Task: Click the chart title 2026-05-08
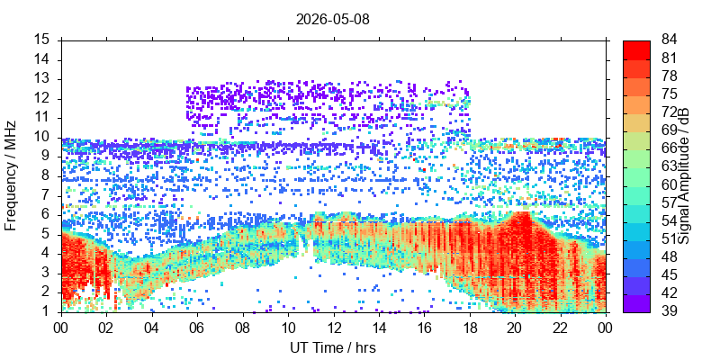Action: point(332,20)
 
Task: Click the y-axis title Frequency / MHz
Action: point(10,175)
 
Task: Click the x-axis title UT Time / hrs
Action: point(333,347)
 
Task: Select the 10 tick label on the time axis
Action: point(288,328)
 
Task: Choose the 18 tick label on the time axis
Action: point(470,328)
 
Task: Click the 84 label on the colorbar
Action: point(669,40)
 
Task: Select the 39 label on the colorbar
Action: point(669,310)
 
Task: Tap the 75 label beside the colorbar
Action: point(669,94)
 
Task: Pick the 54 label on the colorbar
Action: point(669,220)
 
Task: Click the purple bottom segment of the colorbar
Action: point(636,303)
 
